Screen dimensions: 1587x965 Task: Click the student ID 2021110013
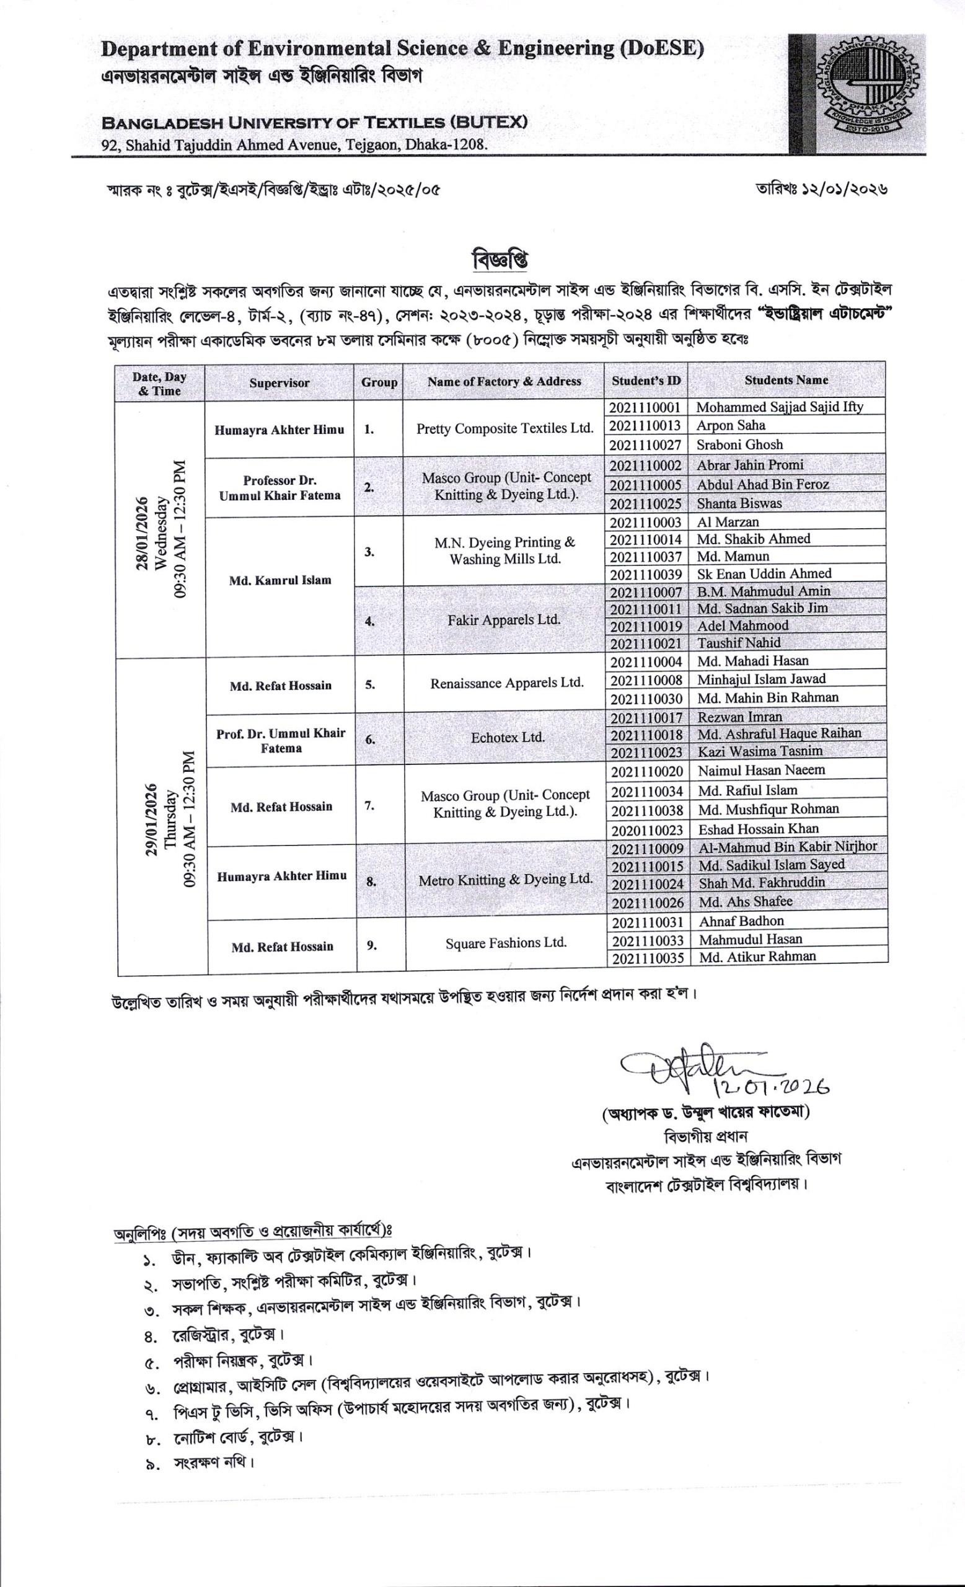coord(645,425)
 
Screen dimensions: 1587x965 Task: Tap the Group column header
coord(379,382)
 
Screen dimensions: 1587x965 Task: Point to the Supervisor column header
coord(280,382)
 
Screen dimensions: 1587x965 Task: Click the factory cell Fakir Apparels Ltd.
coord(503,619)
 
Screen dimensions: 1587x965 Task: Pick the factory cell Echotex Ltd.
coord(507,738)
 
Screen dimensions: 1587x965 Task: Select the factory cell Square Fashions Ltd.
coord(506,943)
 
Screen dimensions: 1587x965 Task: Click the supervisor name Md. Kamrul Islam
coord(280,580)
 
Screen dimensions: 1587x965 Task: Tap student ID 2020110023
coord(647,829)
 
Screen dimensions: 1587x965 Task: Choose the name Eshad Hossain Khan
coord(759,829)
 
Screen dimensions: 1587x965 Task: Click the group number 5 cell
coord(370,684)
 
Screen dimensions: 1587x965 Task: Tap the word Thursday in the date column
coord(170,820)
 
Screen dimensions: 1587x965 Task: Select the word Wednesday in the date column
coord(161,529)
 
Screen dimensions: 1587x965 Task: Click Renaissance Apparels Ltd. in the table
coord(506,683)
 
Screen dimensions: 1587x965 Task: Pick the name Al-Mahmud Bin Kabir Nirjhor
coord(787,846)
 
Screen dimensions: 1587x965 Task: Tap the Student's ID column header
coord(646,381)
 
